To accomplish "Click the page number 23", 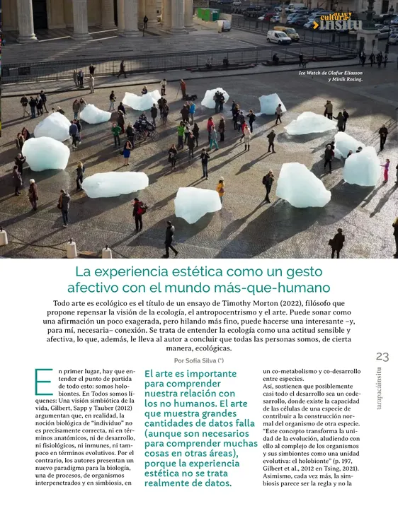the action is coord(382,356).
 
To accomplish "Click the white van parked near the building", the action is coord(278,37).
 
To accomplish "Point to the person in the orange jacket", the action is coord(220,187).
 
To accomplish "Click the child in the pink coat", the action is coord(386,170).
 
